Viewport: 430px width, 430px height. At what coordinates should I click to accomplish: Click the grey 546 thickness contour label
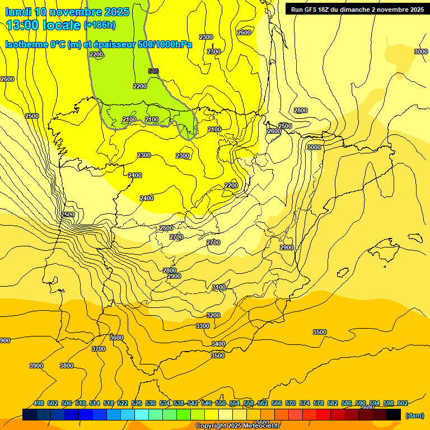point(153,71)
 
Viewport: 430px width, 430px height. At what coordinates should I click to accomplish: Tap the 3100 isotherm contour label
point(219,287)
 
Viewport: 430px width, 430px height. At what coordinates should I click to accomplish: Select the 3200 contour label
point(213,315)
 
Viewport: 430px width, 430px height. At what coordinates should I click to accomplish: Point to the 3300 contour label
point(203,326)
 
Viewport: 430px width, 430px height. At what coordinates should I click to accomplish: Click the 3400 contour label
point(218,344)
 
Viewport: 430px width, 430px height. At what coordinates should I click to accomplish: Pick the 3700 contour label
point(99,349)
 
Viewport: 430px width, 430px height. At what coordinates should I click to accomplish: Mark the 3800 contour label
point(67,366)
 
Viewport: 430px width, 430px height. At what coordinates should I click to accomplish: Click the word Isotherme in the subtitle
point(26,44)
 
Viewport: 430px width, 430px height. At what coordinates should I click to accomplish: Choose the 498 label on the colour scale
point(39,403)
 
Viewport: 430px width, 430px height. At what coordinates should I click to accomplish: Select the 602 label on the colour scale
point(402,403)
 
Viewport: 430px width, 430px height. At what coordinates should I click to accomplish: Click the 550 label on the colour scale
point(221,403)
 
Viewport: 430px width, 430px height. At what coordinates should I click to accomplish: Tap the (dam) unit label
point(414,415)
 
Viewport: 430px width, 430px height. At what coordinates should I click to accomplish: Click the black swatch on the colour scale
point(393,414)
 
